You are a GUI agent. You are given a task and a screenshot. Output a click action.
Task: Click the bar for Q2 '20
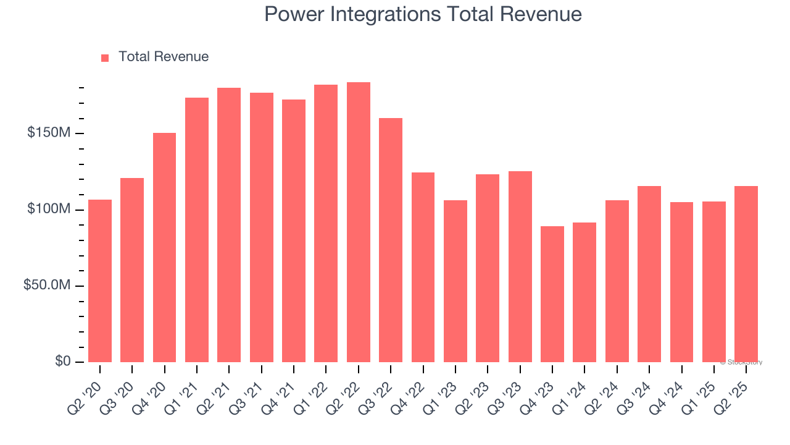click(100, 281)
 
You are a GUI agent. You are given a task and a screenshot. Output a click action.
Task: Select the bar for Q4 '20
click(164, 247)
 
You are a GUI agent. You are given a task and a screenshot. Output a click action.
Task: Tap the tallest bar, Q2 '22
click(358, 222)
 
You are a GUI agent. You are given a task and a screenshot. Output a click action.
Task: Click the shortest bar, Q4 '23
click(552, 294)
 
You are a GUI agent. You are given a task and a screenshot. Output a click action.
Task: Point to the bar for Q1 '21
click(197, 230)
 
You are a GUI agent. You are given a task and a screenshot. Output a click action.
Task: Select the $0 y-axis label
click(63, 361)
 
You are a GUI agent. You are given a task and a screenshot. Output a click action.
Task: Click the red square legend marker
click(105, 57)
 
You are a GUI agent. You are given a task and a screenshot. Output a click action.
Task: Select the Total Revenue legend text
click(164, 57)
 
